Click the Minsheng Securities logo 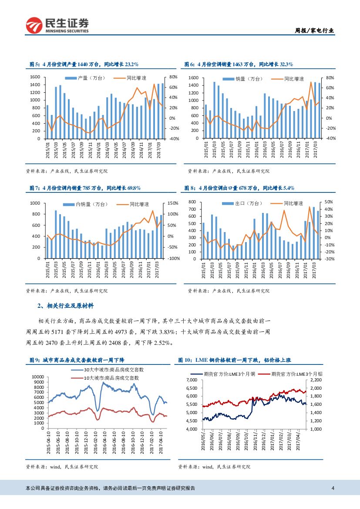[x=57, y=25]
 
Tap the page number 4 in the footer [x=333, y=488]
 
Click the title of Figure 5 [x=84, y=64]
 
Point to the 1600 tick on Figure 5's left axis [x=35, y=77]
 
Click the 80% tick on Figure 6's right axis [x=330, y=78]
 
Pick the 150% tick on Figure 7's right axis [x=174, y=203]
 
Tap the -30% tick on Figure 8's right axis [x=330, y=259]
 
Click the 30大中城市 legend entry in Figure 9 [x=114, y=369]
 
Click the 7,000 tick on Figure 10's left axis [x=192, y=380]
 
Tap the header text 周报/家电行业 [x=315, y=30]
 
